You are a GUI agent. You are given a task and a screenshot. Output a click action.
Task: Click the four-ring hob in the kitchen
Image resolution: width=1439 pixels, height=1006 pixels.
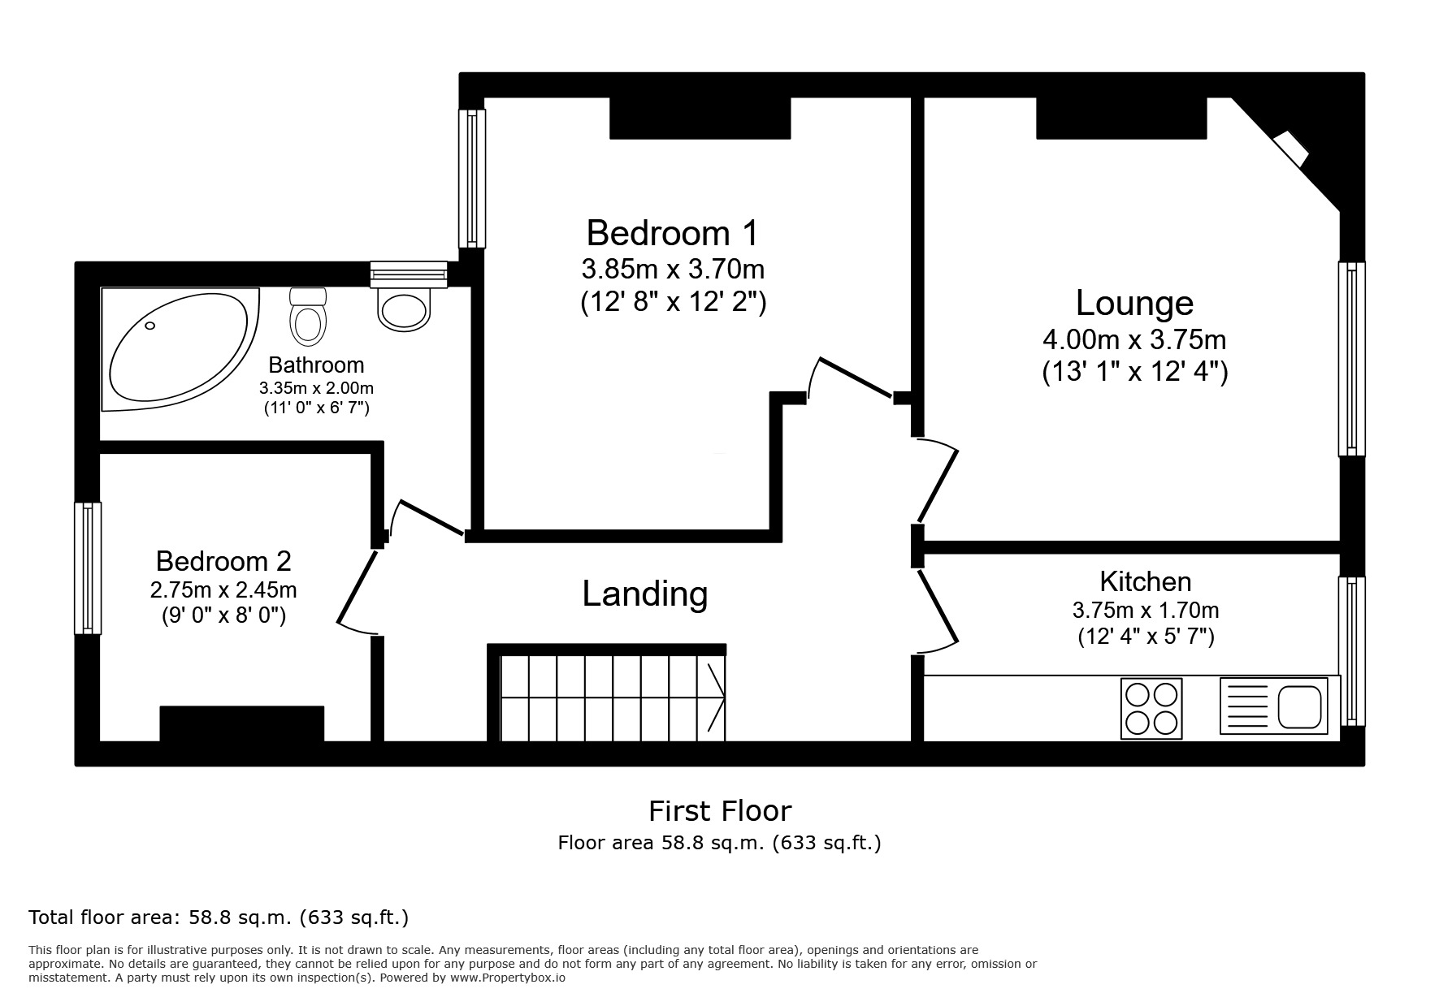click(1151, 708)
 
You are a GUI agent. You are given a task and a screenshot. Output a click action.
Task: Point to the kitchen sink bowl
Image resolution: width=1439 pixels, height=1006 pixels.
click(1301, 707)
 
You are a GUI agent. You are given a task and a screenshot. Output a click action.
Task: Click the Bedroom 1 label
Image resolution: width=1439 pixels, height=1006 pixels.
click(672, 233)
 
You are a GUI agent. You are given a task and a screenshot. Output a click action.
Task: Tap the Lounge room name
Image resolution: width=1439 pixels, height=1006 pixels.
click(1134, 303)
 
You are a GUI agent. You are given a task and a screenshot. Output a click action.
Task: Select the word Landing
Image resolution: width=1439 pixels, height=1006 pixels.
click(645, 594)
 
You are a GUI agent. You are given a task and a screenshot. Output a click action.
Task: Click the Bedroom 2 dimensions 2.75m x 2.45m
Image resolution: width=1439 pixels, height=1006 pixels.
click(223, 589)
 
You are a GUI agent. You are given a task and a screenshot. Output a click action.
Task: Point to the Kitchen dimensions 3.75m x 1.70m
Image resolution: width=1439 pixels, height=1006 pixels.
click(1146, 610)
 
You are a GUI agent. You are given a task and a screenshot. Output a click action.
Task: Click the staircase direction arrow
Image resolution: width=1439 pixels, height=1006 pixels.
click(715, 697)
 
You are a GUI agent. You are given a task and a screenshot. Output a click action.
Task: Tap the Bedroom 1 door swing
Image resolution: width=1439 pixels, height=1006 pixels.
click(853, 378)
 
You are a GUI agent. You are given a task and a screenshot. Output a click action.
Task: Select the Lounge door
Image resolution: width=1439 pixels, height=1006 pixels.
click(938, 483)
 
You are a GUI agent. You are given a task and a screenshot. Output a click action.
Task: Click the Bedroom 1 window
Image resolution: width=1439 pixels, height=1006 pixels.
click(472, 178)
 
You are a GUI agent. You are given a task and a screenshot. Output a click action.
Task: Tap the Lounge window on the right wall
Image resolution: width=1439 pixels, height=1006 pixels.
click(1352, 358)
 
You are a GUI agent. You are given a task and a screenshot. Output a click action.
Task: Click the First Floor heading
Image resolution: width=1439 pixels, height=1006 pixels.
click(719, 811)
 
